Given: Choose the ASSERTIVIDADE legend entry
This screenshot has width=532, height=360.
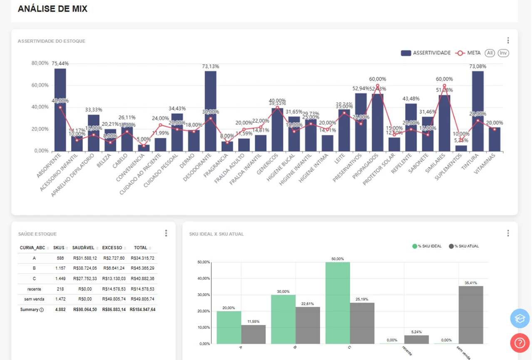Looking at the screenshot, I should [426, 53].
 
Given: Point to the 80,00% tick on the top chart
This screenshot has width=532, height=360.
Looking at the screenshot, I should [40, 63].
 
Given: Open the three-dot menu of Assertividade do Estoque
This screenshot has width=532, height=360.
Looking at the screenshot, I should [508, 40].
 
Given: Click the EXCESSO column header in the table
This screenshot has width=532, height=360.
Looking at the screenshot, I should [112, 248].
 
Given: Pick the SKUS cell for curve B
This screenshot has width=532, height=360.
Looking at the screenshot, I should [59, 268].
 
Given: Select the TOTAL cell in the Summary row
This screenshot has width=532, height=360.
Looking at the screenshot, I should [142, 310].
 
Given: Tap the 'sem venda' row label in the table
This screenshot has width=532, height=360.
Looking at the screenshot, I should [34, 299].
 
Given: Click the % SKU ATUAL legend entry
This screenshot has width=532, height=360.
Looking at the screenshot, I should [463, 246].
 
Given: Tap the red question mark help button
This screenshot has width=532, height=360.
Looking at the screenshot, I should [520, 343].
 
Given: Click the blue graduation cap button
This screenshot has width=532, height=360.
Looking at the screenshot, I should [520, 319].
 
